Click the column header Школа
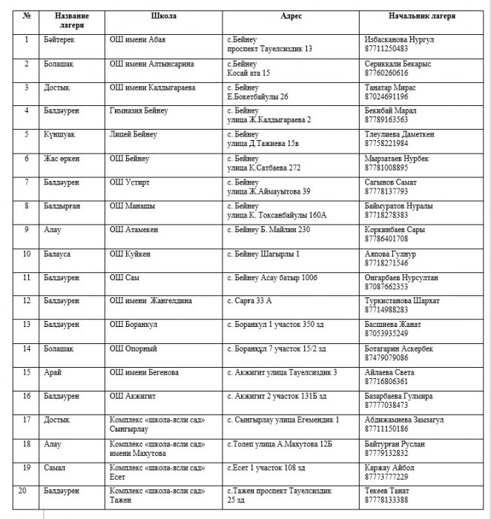point(163,16)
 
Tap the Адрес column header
point(291,16)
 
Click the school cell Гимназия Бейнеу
point(139,110)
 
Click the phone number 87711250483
point(386,48)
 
